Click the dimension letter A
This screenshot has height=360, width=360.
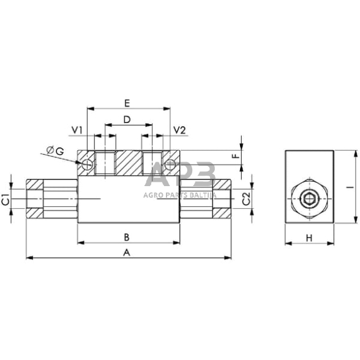click(127, 252)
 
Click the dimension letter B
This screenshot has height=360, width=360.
click(126, 236)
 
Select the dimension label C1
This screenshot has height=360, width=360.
click(5, 200)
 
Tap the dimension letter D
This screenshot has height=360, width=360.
click(127, 119)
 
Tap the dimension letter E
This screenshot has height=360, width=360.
click(127, 102)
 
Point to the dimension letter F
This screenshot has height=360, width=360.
click(234, 157)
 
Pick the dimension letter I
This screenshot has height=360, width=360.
click(347, 189)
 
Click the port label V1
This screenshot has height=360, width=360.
click(77, 130)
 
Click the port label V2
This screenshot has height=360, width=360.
click(179, 130)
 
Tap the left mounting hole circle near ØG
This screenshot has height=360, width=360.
click(87, 164)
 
